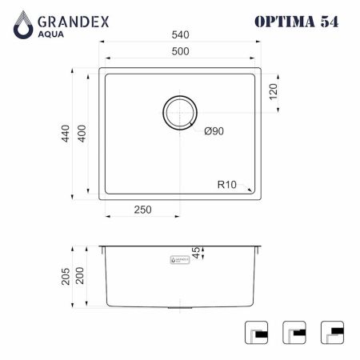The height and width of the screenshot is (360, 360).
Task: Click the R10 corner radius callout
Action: click(x=227, y=185)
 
